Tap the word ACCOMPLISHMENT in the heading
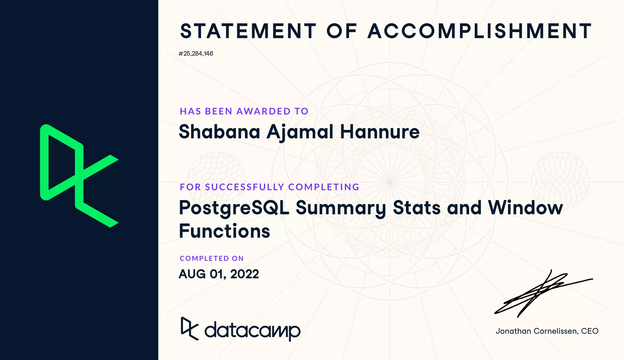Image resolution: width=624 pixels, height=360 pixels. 480,31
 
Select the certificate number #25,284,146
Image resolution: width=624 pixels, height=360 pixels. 196,54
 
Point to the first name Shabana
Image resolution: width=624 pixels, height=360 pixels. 219,132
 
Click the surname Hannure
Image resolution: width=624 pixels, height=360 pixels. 380,132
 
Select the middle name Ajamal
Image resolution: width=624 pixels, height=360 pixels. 300,132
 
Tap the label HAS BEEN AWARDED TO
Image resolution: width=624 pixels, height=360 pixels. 244,111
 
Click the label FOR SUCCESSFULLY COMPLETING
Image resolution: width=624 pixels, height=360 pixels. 270,187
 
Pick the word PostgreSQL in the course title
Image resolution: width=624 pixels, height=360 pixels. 234,208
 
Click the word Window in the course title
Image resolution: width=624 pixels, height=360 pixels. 525,208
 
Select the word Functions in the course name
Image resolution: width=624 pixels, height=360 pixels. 225,231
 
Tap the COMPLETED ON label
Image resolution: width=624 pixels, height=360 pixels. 212,258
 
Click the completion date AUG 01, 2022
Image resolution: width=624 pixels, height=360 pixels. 219,274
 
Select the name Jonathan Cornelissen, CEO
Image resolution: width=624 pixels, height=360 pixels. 547,331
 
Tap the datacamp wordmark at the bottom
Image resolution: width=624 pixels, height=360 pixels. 252,330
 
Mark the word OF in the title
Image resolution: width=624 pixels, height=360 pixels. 342,31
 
